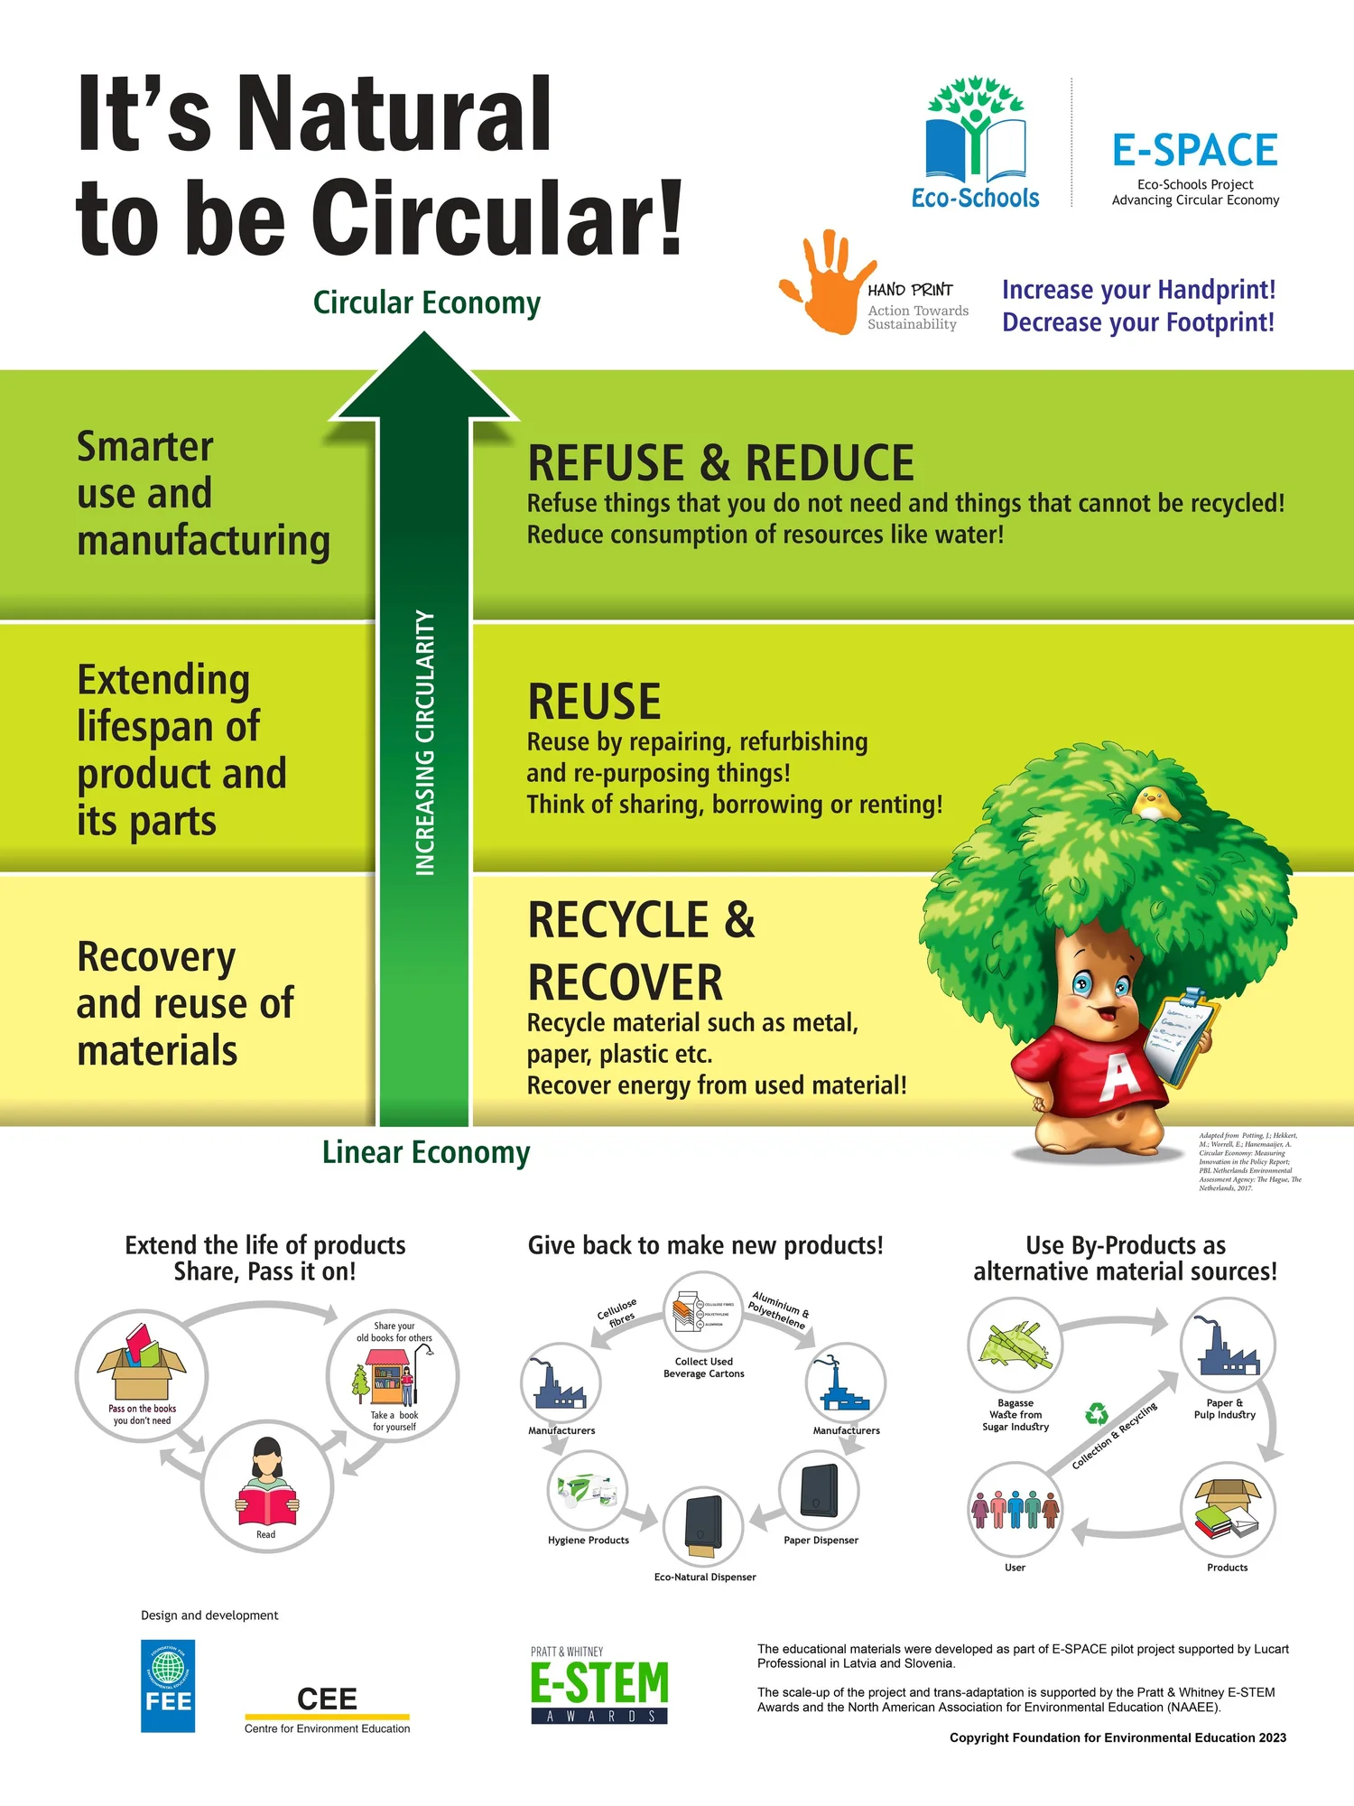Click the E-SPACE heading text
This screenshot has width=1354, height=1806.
coord(1194,151)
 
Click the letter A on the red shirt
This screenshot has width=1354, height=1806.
coord(1119,1074)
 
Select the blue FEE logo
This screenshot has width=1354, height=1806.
coord(168,1686)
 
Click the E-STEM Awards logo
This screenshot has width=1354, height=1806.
coord(599,1686)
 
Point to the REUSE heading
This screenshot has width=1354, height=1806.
coord(594,702)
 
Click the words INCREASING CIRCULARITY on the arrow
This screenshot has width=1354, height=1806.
coord(425,742)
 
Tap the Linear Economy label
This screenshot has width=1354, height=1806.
coord(426,1153)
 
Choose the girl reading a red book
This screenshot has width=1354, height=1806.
coord(266,1482)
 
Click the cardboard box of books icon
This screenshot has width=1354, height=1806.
coord(142,1363)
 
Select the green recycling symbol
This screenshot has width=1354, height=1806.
coord(1097,1413)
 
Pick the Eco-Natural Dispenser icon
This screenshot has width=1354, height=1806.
coord(703,1527)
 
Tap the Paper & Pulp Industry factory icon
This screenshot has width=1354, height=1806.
coord(1228,1346)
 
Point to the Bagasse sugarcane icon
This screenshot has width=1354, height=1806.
coord(1015,1346)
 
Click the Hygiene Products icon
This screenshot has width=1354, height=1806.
coord(588,1491)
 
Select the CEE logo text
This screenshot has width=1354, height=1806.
coord(327,1699)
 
